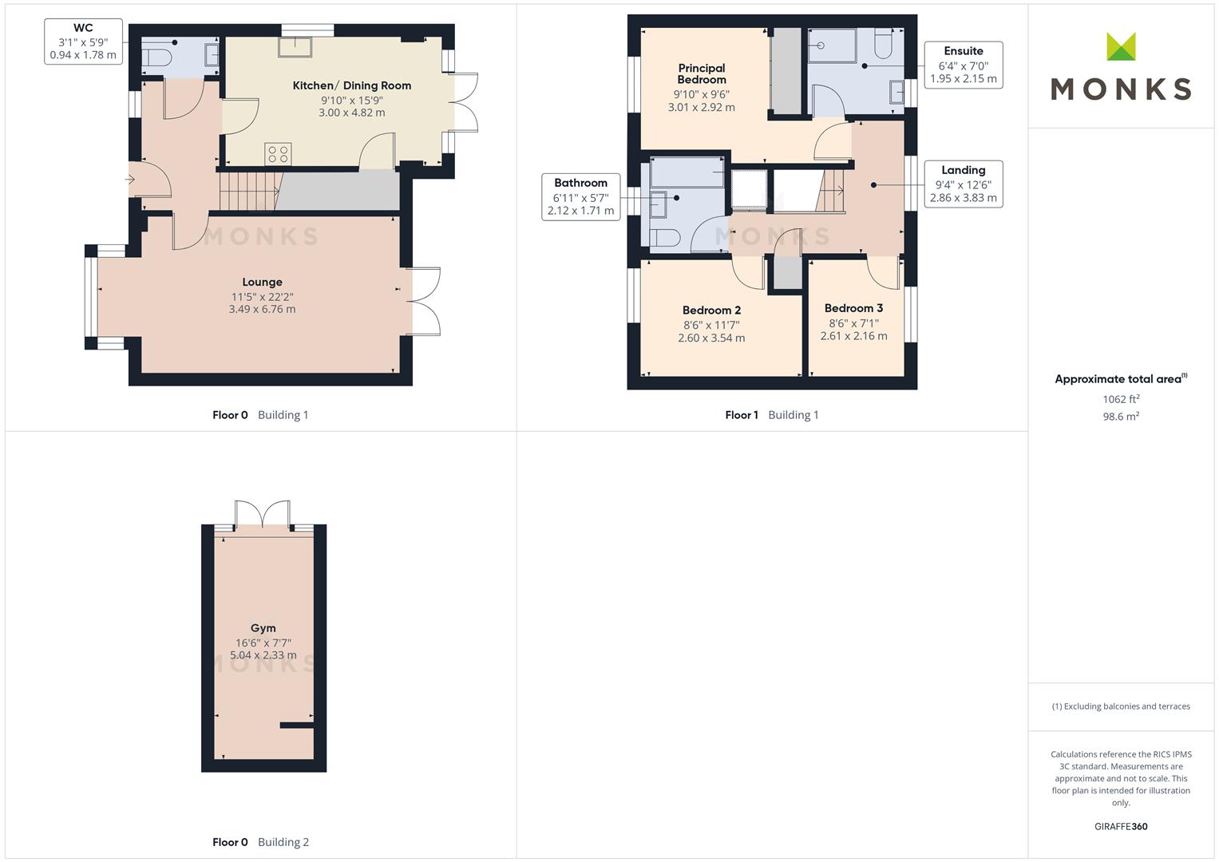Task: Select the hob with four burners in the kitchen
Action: pyautogui.click(x=278, y=154)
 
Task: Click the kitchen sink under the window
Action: pyautogui.click(x=295, y=47)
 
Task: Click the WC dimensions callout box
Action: pyautogui.click(x=83, y=42)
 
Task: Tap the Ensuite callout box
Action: pyautogui.click(x=964, y=65)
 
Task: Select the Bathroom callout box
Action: pyautogui.click(x=580, y=197)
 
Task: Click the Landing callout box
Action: pyautogui.click(x=964, y=184)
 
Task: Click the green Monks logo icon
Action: pyautogui.click(x=1121, y=46)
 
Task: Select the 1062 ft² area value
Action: pyautogui.click(x=1121, y=399)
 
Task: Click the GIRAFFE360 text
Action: pyautogui.click(x=1121, y=826)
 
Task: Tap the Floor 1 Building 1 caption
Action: pyautogui.click(x=772, y=415)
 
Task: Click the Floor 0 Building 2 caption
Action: pyautogui.click(x=261, y=842)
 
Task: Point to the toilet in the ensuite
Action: pyautogui.click(x=883, y=43)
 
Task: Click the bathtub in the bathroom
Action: pyautogui.click(x=687, y=172)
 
